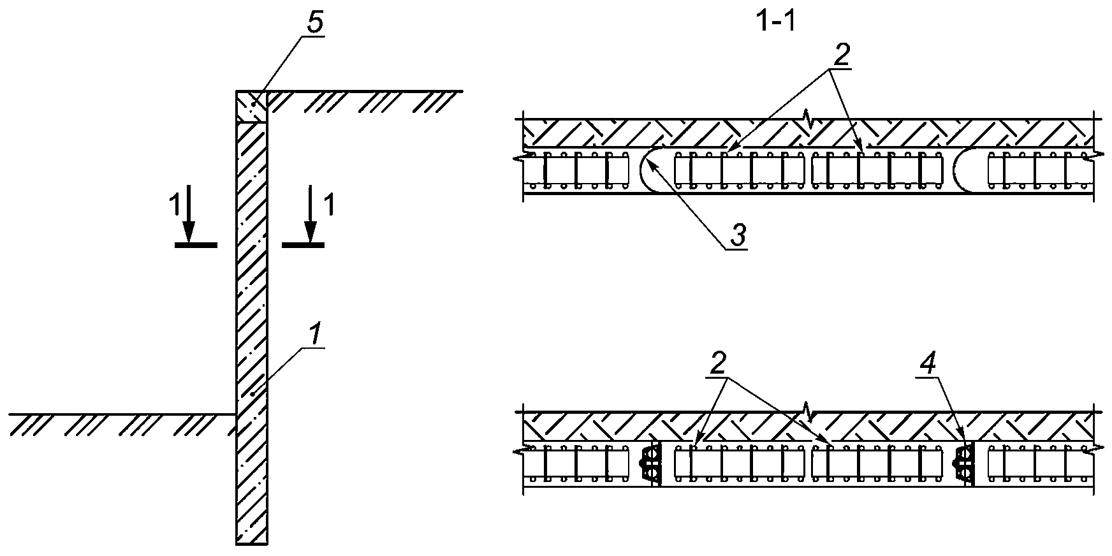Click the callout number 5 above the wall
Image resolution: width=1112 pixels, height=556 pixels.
pos(316,23)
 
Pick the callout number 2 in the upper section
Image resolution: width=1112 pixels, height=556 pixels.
pos(842,56)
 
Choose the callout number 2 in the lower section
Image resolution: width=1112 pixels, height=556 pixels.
pos(719,363)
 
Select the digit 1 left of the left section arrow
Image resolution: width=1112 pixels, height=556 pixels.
pos(173,206)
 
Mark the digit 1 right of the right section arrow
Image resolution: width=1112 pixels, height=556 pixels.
pos(328,206)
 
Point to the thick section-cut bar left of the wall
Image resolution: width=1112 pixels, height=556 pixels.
pos(196,244)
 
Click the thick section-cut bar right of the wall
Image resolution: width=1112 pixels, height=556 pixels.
pos(304,244)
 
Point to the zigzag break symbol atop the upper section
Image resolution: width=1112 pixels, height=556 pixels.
pos(807,119)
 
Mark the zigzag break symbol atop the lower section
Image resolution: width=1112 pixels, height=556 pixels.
pos(807,412)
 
